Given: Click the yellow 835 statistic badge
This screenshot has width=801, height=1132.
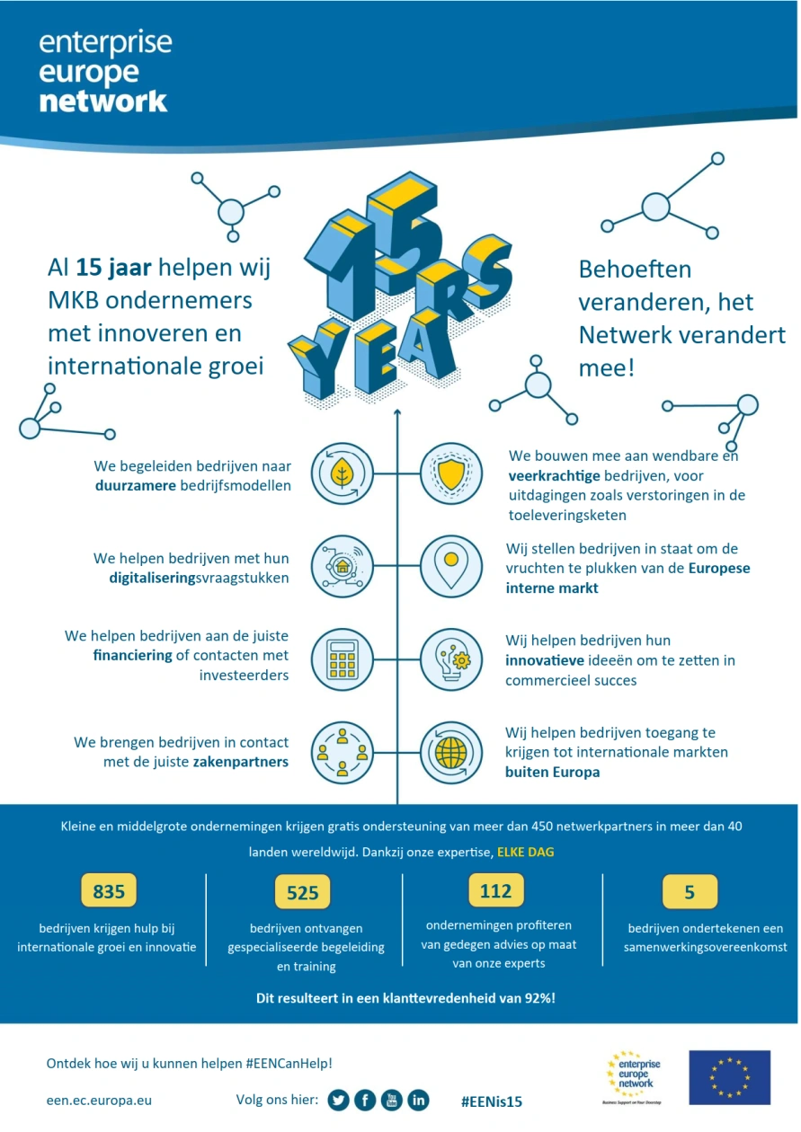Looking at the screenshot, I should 109,891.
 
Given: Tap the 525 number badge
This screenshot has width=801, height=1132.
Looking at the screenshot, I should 302,892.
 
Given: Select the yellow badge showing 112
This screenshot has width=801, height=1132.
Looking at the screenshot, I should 495,890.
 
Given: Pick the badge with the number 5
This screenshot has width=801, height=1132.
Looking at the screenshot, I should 690,891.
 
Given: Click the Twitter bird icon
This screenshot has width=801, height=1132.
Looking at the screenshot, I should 338,1100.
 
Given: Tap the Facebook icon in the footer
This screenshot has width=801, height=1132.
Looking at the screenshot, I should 365,1100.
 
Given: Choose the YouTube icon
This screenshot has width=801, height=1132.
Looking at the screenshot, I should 392,1100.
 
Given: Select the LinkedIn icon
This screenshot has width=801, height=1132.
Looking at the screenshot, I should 418,1100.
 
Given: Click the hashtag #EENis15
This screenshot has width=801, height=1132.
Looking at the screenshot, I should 492,1101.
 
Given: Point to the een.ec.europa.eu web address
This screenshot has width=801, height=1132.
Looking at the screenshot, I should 99,1100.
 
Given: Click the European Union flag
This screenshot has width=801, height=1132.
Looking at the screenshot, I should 729,1077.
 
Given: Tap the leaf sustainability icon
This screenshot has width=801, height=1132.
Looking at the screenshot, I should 342,473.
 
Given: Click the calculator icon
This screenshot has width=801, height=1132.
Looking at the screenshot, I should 342,659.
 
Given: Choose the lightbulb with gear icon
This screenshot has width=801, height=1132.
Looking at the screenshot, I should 450,659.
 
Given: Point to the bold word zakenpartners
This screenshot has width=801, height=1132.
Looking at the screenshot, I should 241,762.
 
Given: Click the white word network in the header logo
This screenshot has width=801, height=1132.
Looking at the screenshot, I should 103,100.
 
